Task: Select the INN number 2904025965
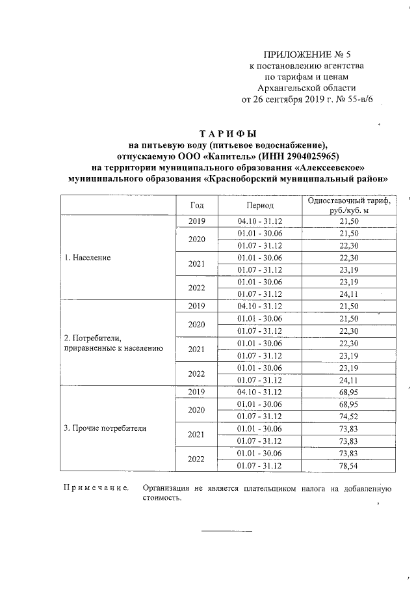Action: tap(317, 156)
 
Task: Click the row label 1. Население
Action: tap(88, 258)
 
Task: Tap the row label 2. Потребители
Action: tap(92, 338)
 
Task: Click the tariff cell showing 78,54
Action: tap(349, 466)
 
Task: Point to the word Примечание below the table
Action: tap(95, 487)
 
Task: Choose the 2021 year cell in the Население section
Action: tap(196, 264)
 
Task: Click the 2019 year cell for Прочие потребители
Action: tap(196, 392)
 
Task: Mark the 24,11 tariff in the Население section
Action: tap(349, 294)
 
